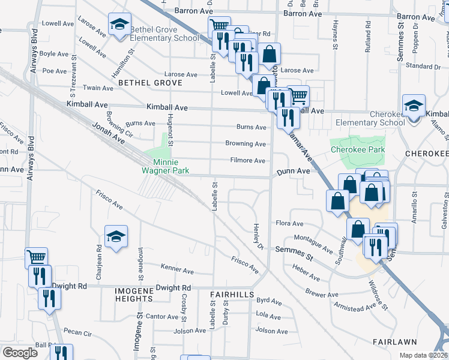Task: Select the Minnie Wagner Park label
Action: [165, 166]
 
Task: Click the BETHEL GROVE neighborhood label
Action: [145, 82]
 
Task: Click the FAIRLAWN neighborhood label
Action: [391, 341]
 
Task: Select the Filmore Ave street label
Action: [248, 160]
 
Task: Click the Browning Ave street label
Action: [246, 143]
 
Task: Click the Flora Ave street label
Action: [289, 223]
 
